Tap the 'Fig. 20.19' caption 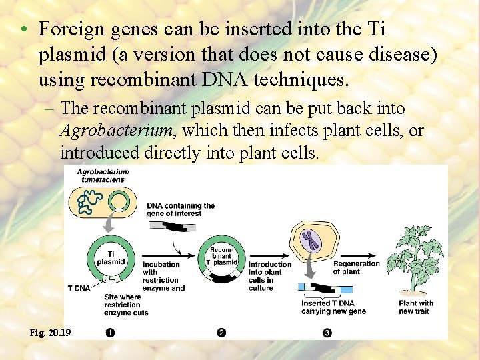click(x=49, y=332)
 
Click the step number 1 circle click(x=110, y=333)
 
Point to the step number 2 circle click(x=221, y=333)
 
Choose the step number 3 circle click(x=327, y=333)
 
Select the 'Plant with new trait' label click(x=416, y=307)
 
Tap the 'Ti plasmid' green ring click(x=111, y=257)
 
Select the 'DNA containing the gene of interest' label click(x=181, y=209)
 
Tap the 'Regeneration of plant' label click(x=356, y=267)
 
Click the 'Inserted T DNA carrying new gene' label click(x=333, y=307)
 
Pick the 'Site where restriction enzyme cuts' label click(x=127, y=304)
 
